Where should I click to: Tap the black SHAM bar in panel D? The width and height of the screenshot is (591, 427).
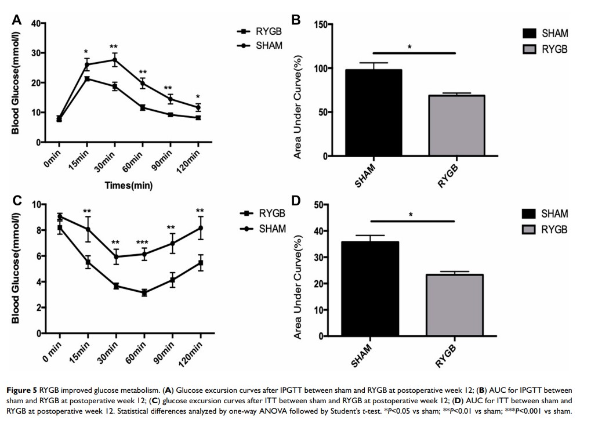[362, 288]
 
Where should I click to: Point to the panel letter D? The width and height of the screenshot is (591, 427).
[296, 201]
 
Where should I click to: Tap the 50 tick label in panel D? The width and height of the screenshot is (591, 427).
[318, 205]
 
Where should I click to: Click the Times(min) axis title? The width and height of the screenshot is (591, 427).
[129, 185]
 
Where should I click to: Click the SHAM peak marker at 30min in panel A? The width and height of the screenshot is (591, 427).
[114, 60]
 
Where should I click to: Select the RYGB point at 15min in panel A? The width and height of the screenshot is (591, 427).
[87, 79]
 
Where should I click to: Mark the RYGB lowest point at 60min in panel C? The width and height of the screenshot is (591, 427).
[143, 293]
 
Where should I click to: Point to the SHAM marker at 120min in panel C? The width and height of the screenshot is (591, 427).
[200, 228]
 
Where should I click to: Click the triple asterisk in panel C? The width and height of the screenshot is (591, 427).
[143, 243]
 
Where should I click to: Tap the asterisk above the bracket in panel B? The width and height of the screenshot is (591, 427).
[409, 47]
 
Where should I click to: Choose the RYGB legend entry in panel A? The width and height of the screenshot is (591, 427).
[261, 32]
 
